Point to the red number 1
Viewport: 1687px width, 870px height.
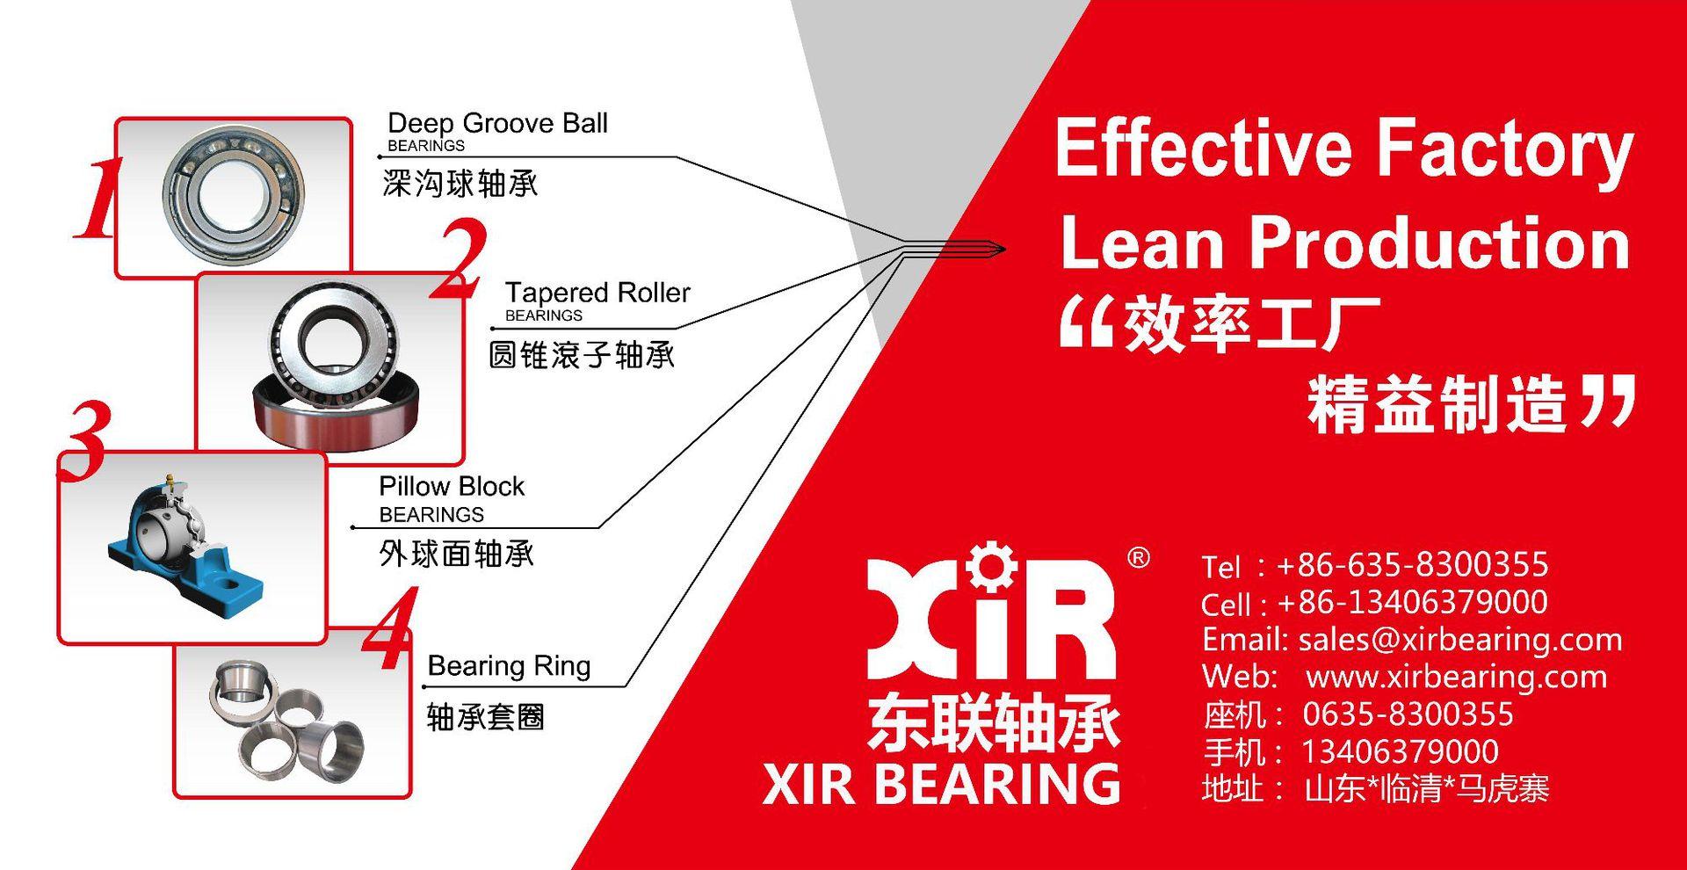96,199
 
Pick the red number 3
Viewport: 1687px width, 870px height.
83,440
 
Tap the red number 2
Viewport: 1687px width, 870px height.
460,260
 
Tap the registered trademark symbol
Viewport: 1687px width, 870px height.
1138,558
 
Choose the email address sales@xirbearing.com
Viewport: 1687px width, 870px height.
1459,640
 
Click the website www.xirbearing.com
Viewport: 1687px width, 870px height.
1456,677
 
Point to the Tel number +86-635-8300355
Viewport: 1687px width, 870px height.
1412,564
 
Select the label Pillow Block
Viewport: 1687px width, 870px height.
451,486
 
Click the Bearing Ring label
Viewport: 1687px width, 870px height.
509,666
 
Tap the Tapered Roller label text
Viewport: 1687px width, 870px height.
597,292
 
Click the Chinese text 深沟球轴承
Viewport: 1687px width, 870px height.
460,184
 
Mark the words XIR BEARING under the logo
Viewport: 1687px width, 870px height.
941,784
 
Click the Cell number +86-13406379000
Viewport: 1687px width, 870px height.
1412,602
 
